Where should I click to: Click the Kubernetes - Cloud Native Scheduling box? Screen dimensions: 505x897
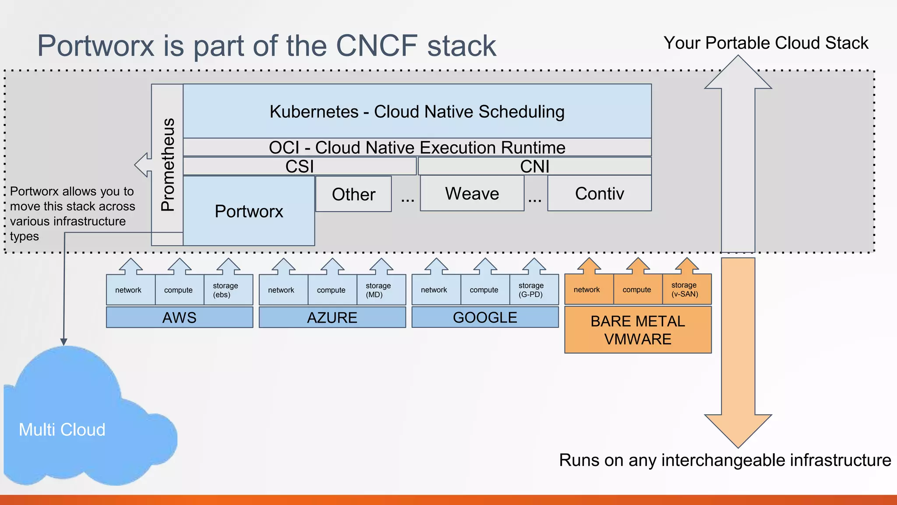coord(417,111)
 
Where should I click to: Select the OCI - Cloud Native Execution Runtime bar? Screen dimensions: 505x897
coord(417,147)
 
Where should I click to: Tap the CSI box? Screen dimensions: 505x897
coord(300,166)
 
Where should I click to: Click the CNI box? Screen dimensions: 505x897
coord(534,166)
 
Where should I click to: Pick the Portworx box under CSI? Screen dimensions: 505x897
coord(249,211)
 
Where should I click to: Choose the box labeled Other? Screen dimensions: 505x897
coord(353,194)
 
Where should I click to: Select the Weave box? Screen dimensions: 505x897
coord(472,193)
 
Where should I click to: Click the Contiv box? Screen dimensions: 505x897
coord(599,193)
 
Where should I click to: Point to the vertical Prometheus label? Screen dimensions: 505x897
coord(168,164)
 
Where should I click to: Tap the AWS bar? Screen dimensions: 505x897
coord(180,317)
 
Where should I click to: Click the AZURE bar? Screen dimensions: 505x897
coord(332,317)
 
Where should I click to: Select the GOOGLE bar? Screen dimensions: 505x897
coord(485,317)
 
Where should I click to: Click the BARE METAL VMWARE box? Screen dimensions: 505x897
coord(638,330)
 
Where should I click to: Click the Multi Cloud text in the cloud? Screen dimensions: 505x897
coord(62,430)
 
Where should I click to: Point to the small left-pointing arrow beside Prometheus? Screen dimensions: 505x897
coord(142,165)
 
